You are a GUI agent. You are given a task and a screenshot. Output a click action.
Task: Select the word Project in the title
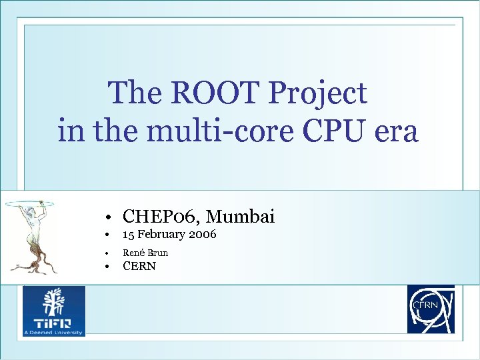click(317, 93)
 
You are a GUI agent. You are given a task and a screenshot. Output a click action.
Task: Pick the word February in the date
click(162, 235)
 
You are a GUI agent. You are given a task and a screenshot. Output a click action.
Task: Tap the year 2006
click(203, 235)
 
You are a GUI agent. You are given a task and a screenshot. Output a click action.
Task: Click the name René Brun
click(145, 253)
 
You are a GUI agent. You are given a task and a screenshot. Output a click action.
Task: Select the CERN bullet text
click(139, 267)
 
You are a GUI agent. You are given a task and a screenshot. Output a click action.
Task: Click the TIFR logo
click(54, 311)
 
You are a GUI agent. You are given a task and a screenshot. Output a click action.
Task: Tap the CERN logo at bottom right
click(431, 309)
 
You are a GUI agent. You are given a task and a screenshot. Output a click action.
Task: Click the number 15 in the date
click(129, 235)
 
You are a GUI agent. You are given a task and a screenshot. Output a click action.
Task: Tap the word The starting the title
click(135, 93)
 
